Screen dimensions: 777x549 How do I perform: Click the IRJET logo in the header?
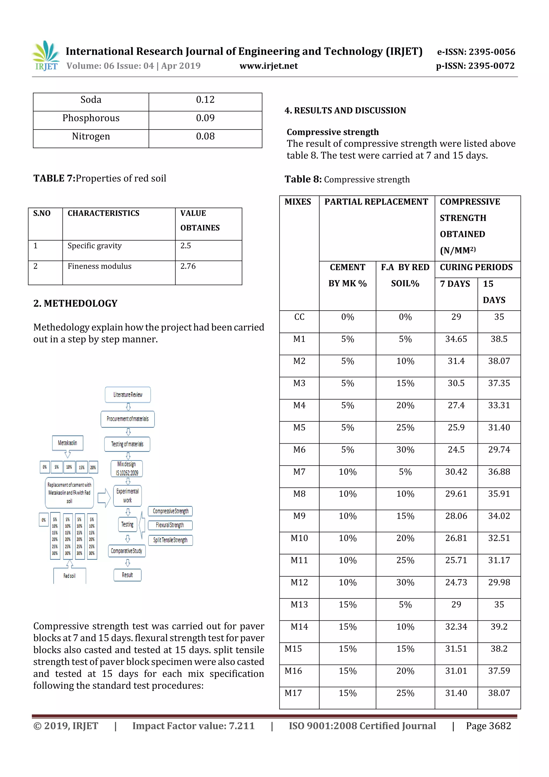pos(46,56)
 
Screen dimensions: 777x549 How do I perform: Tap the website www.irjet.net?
pos(269,66)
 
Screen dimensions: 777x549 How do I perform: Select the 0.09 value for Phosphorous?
pos(205,118)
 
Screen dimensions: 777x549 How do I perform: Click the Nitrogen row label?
pos(91,136)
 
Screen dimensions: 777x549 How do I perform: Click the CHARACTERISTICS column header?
pos(103,213)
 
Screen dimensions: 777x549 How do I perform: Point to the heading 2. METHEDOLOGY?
pos(75,303)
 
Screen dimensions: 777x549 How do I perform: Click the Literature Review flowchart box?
pos(128,395)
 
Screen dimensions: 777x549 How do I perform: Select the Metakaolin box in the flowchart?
pos(67,443)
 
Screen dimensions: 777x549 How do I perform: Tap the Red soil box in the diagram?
pos(69,576)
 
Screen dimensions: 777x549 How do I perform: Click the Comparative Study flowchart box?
pos(127,551)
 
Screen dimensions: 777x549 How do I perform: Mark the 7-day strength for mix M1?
pos(456,339)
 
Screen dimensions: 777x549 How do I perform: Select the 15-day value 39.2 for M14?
pos(499,627)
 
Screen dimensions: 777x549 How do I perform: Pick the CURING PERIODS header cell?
pos(476,267)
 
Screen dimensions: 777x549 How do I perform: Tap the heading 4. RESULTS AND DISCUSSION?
pos(345,111)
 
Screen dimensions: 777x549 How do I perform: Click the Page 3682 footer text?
pos(488,726)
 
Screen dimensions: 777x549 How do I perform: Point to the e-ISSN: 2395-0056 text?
pos(476,52)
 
